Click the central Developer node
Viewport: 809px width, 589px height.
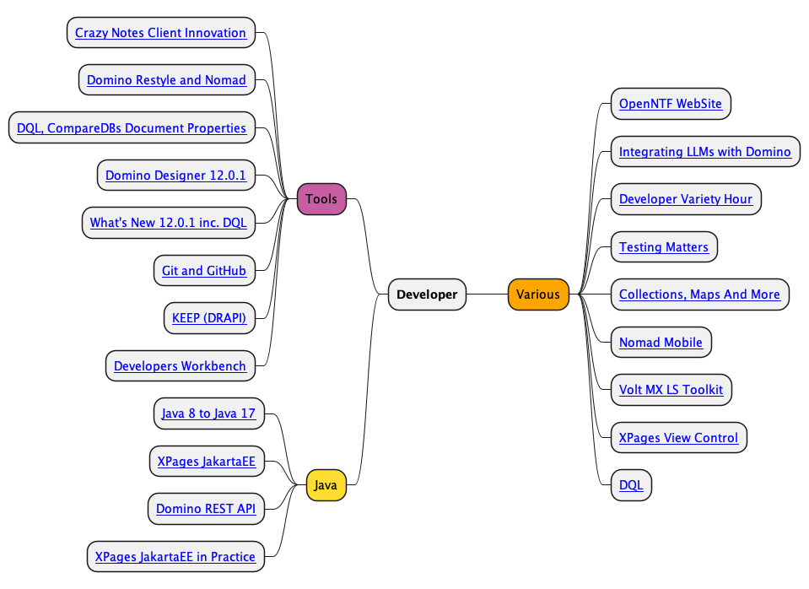[x=427, y=294]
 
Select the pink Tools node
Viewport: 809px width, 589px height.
[x=321, y=199]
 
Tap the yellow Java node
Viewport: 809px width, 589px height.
[x=326, y=484]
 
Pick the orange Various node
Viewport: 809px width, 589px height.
[x=538, y=294]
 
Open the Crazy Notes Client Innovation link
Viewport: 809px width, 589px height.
[x=160, y=33]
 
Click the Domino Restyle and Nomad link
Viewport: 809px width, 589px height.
[x=166, y=80]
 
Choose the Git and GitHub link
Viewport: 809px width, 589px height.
[x=204, y=271]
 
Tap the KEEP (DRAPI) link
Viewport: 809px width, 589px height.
[x=209, y=318]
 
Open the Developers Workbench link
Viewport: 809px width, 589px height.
[x=180, y=366]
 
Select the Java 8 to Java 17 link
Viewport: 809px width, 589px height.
[x=208, y=413]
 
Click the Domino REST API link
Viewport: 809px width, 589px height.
[x=206, y=509]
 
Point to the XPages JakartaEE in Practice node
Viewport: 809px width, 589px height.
[x=175, y=556]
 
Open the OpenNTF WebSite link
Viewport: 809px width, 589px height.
[x=670, y=104]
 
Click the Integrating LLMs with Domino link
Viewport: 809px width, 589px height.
[x=704, y=152]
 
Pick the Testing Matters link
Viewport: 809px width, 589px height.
[x=664, y=246]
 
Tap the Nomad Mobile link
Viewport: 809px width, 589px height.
[x=661, y=343]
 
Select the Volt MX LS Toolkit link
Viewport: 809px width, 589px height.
[x=671, y=390]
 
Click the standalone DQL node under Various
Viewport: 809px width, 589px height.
[x=631, y=484]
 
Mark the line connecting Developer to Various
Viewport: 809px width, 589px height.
[x=487, y=294]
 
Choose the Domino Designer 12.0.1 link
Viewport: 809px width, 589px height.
[x=175, y=176]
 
